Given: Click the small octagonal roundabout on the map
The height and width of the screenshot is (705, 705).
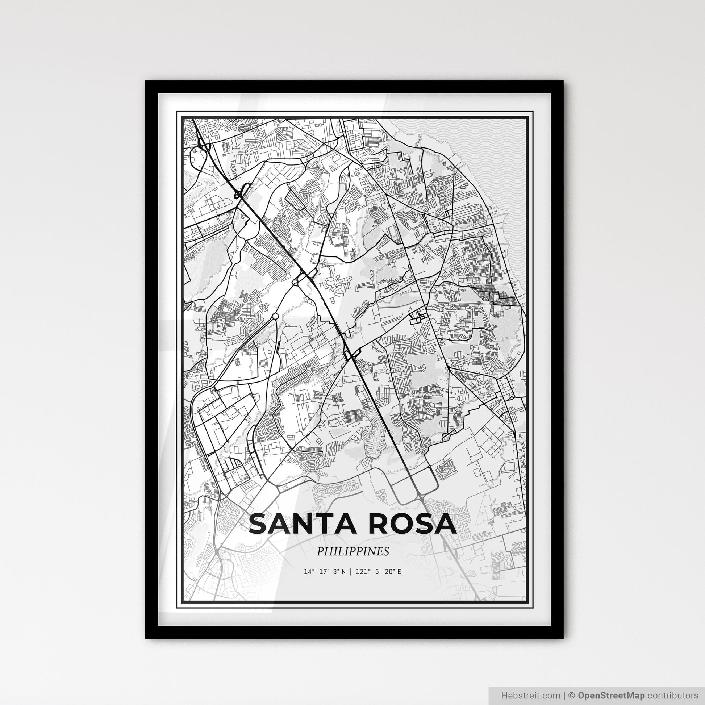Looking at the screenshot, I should click(275, 315).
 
